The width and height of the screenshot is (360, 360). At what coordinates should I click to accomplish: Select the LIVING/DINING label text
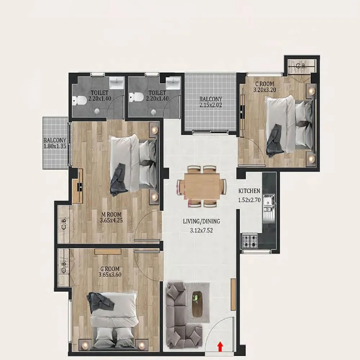point(201,221)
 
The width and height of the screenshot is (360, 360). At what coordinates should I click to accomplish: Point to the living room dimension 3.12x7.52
point(202,229)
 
